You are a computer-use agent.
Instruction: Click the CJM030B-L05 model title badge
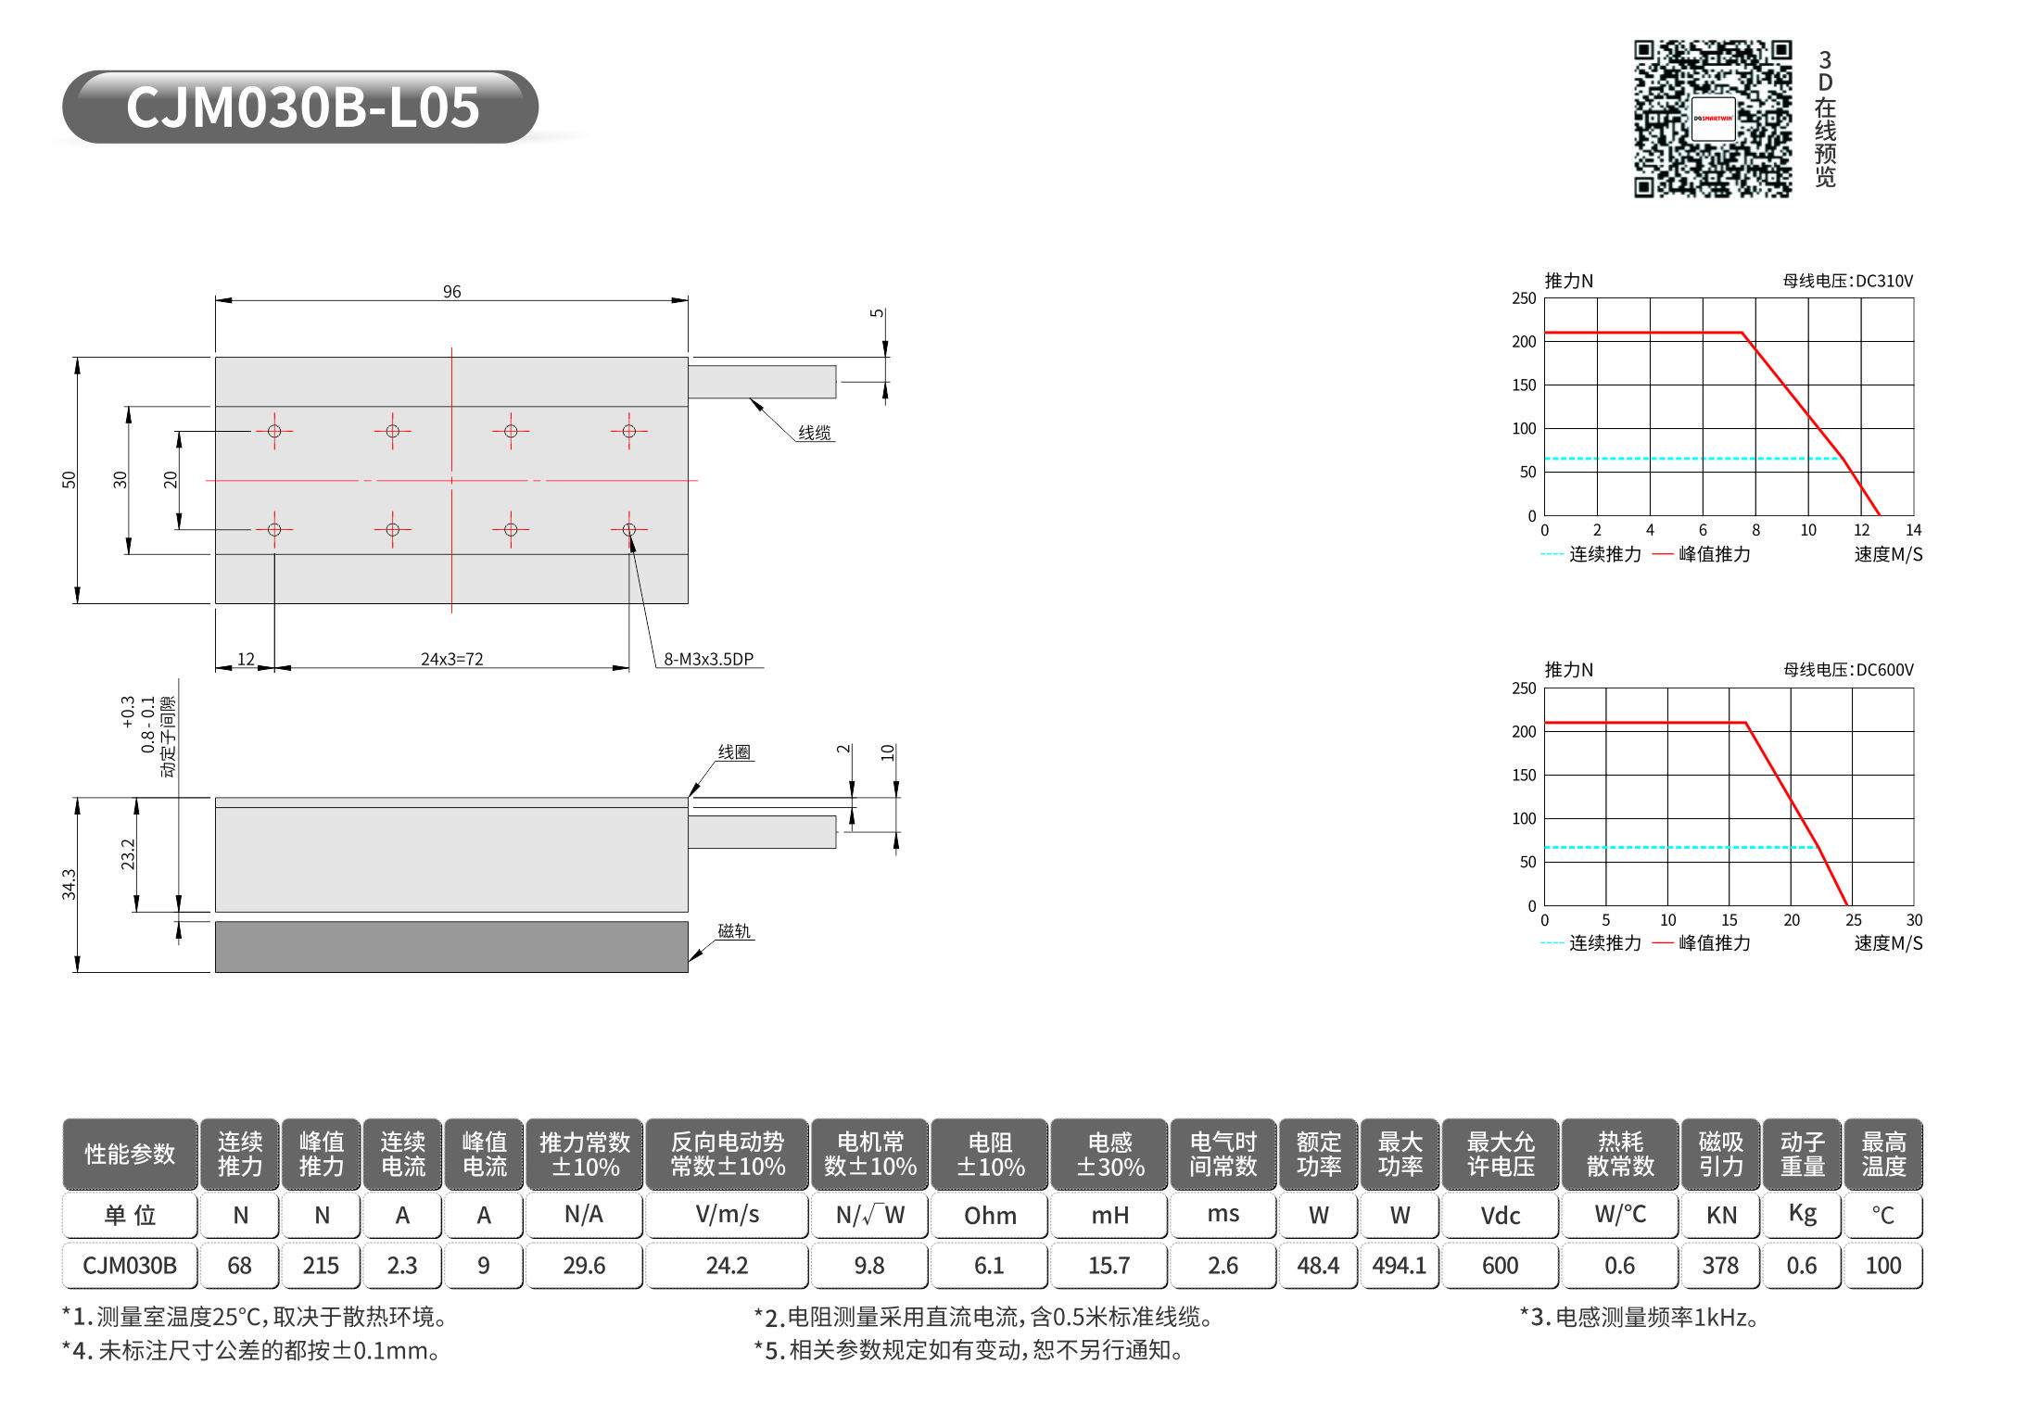[x=300, y=107]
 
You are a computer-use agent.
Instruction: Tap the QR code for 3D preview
[x=1713, y=119]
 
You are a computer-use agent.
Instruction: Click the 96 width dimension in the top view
[x=451, y=292]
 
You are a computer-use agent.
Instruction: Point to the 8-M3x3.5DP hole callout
[x=708, y=659]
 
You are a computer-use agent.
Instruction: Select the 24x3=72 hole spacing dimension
[x=451, y=659]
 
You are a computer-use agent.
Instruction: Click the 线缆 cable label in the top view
[x=815, y=433]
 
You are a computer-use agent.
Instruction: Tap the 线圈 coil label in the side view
[x=734, y=751]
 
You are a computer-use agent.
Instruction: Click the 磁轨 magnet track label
[x=734, y=930]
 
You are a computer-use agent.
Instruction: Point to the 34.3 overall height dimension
[x=69, y=884]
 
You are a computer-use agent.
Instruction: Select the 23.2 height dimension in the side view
[x=128, y=854]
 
